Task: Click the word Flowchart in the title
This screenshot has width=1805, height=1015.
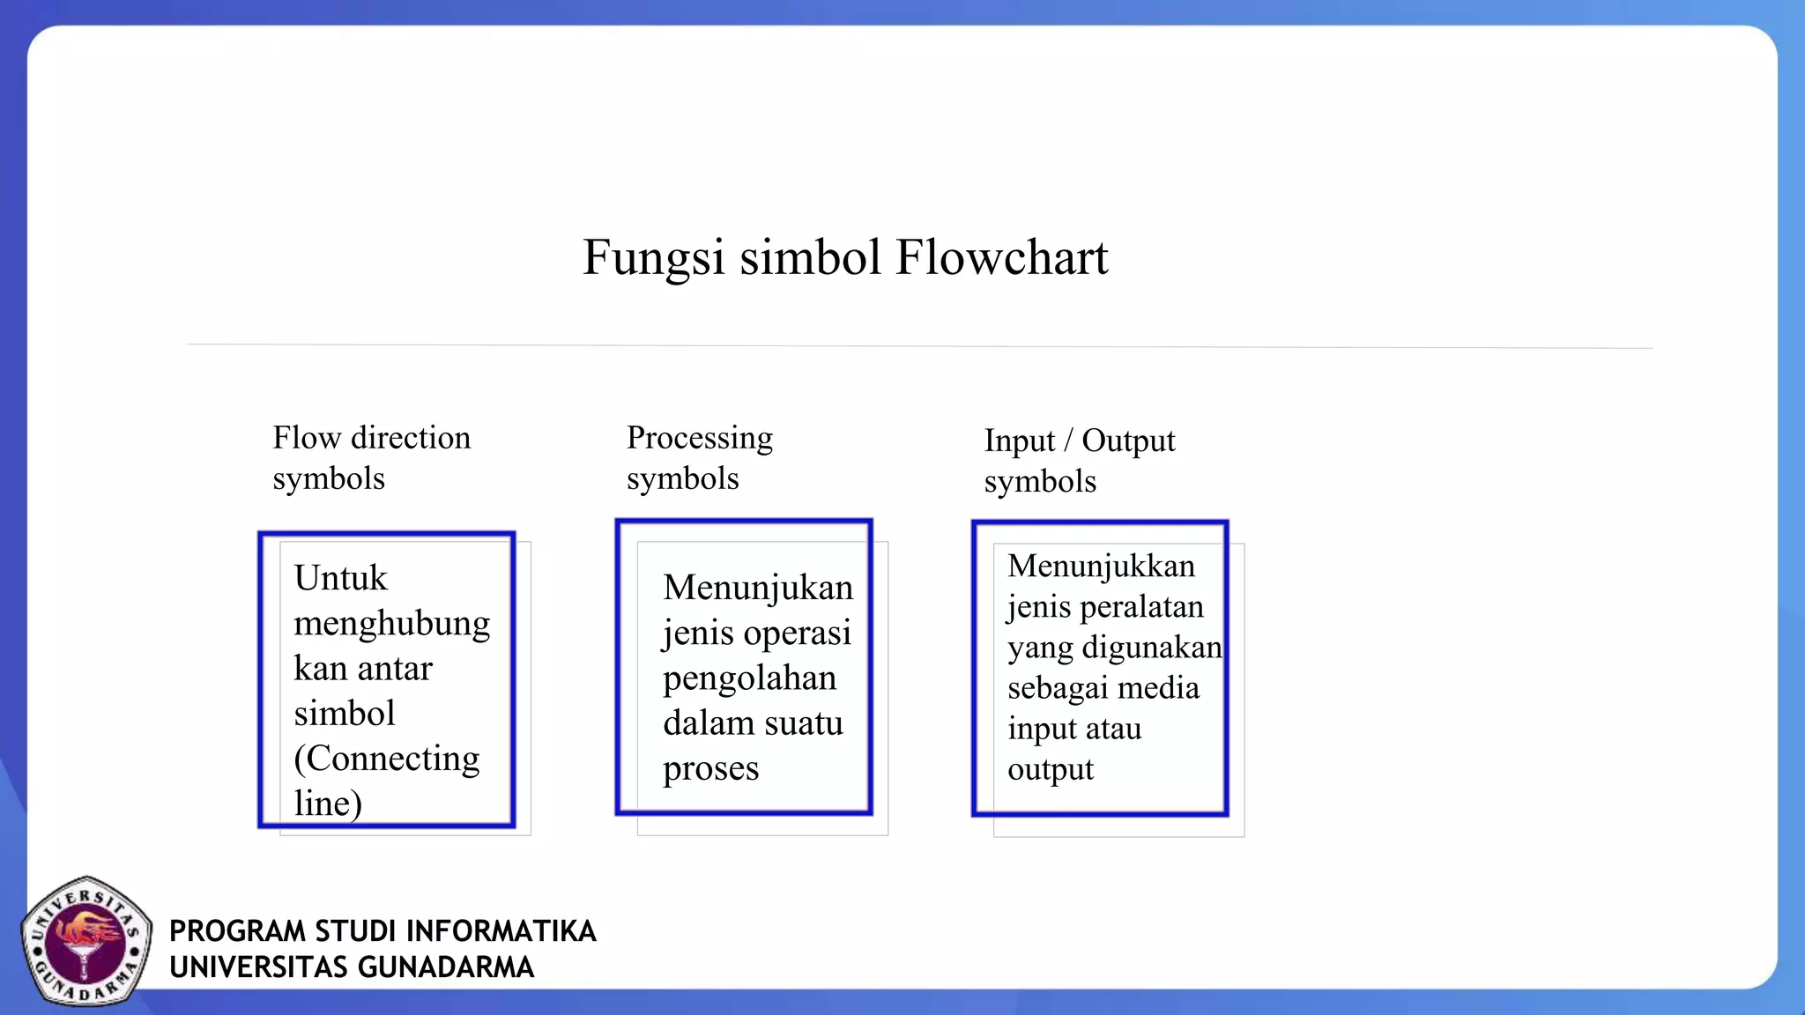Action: pos(1001,258)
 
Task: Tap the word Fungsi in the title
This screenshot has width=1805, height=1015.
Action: pos(653,258)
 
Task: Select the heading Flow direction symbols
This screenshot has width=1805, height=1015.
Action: pos(371,457)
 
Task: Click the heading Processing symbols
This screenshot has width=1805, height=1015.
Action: pos(699,457)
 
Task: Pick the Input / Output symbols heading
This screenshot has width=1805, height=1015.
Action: pos(1079,460)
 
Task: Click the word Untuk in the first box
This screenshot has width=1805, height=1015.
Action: pos(340,579)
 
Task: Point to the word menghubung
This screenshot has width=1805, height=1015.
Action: pos(391,624)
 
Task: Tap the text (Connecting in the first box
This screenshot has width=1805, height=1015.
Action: pos(386,759)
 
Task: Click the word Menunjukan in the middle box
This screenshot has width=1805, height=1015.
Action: pos(758,588)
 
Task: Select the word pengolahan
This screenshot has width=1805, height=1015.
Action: pos(749,678)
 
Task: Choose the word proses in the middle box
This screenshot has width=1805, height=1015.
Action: pos(710,769)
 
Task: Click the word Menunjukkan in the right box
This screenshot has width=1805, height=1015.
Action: pos(1101,566)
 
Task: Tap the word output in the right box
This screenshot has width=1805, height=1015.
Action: pos(1050,770)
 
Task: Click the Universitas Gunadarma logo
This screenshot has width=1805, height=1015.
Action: pos(85,941)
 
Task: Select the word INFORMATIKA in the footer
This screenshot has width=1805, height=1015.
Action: pos(501,931)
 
